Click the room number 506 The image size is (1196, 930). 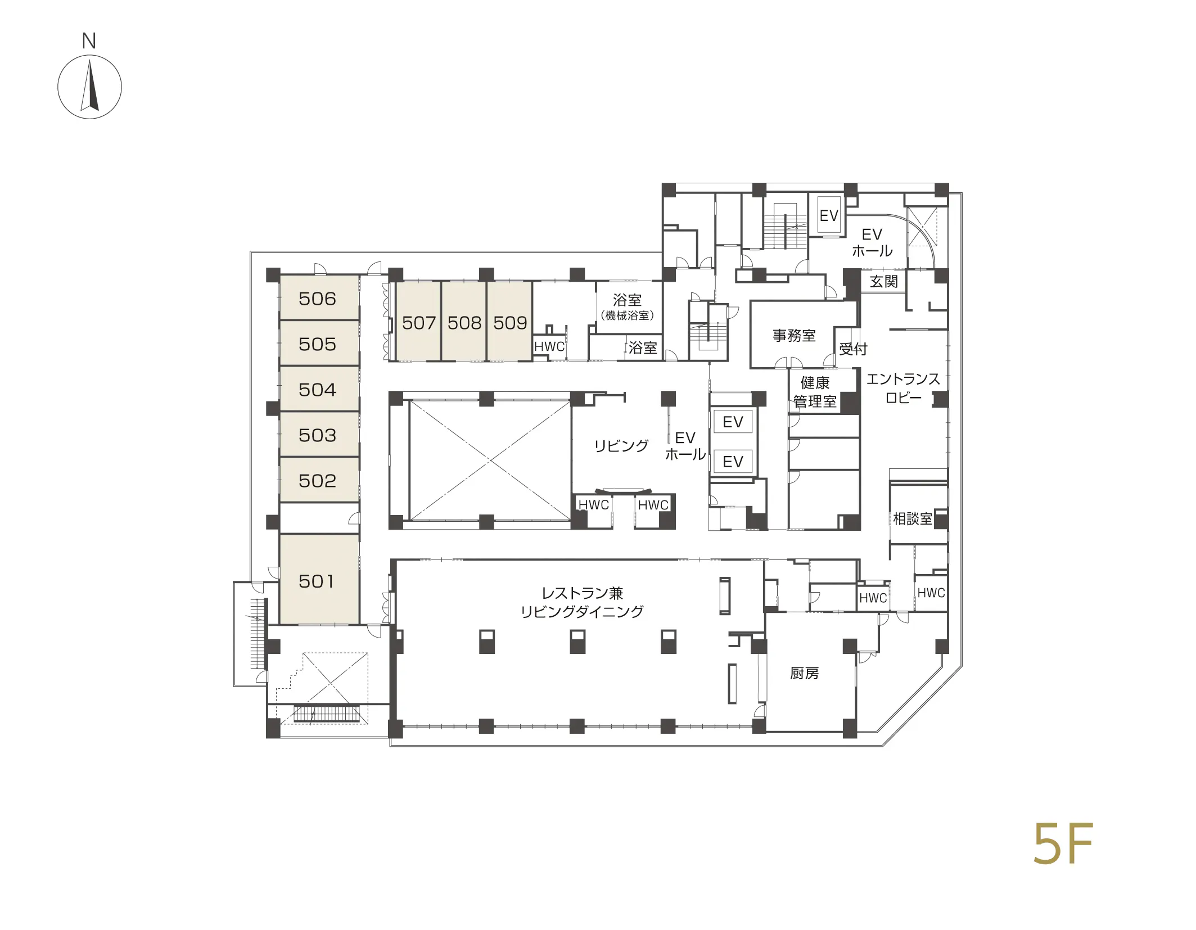point(317,299)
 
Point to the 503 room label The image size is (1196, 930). point(317,435)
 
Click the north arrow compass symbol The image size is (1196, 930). point(89,87)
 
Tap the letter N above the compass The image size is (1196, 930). point(89,41)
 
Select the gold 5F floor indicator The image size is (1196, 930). point(1063,843)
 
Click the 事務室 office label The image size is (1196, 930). point(794,336)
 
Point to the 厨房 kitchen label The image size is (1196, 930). point(804,673)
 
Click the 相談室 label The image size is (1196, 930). point(913,518)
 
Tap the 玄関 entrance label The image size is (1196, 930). point(884,281)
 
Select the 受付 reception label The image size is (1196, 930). point(853,349)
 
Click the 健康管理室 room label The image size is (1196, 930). point(815,392)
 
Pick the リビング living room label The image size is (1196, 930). point(621,446)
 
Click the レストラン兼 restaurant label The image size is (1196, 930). point(582,593)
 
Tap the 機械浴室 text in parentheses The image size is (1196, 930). point(628,315)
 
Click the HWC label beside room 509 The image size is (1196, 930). point(549,346)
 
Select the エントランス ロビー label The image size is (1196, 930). point(903,388)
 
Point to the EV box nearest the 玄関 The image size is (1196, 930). point(829,215)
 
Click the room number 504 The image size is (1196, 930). point(317,390)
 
